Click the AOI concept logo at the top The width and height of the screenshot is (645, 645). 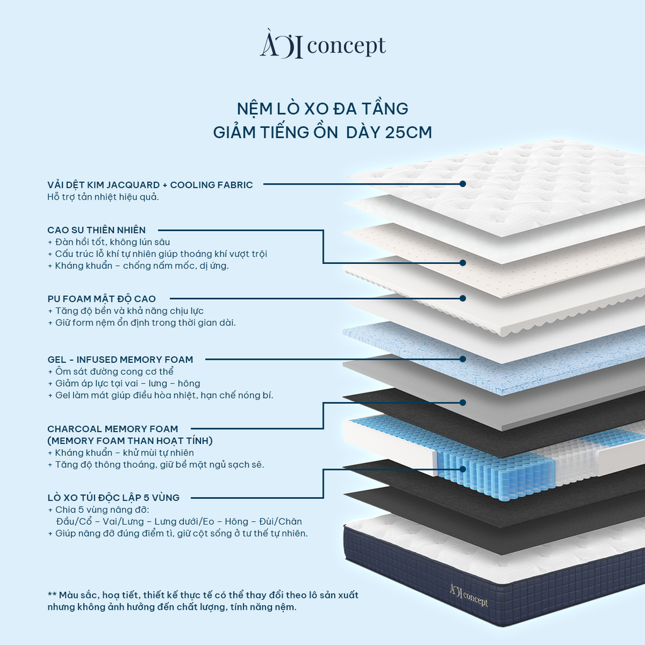(x=322, y=47)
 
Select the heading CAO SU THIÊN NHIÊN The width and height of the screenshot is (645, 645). (x=96, y=230)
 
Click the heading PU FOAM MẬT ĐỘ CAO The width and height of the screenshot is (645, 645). (x=101, y=299)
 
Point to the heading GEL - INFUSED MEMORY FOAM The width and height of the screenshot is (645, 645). (x=120, y=360)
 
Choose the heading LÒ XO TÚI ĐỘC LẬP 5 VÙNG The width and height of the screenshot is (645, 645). (x=113, y=498)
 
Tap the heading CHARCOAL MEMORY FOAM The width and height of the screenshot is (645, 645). (x=113, y=429)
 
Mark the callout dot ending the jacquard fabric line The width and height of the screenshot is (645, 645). (x=463, y=184)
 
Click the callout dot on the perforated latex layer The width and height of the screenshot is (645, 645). (x=463, y=263)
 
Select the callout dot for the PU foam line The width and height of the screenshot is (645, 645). (x=463, y=298)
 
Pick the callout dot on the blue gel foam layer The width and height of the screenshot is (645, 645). (x=463, y=359)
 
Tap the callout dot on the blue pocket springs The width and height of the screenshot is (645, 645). (x=463, y=469)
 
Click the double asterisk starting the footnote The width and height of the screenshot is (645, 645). (x=52, y=595)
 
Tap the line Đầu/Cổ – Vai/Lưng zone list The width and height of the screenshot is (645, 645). (x=178, y=522)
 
